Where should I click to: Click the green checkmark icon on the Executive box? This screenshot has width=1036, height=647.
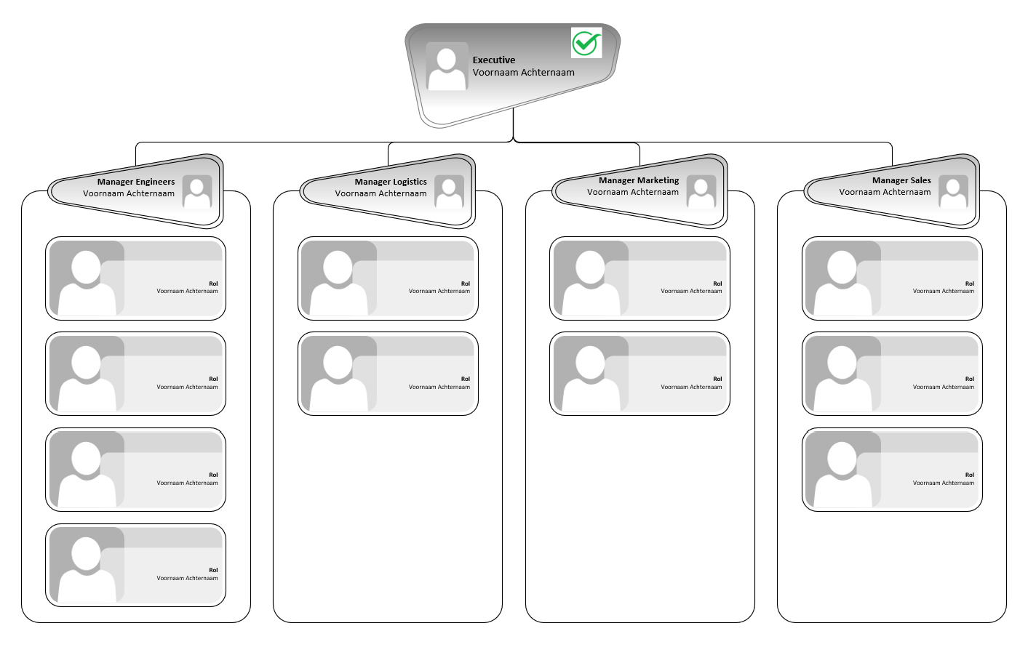(x=586, y=43)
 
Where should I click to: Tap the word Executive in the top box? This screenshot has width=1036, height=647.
(x=493, y=60)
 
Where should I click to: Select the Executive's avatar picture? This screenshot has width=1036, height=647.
(x=447, y=66)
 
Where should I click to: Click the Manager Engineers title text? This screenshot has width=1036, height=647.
(x=136, y=182)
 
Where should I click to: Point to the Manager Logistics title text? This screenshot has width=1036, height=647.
(x=391, y=182)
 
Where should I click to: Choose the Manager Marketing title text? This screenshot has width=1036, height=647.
(x=639, y=180)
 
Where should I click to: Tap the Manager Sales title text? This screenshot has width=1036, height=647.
(x=901, y=180)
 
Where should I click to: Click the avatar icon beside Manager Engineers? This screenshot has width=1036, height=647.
(x=197, y=191)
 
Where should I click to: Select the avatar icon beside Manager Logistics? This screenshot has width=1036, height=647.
(x=449, y=191)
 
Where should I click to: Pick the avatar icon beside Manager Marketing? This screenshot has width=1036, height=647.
(x=701, y=191)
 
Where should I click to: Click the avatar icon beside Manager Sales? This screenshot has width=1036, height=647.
(x=953, y=191)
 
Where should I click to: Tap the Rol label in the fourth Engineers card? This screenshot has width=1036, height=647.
(x=213, y=570)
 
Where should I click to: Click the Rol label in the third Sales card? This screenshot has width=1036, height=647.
(x=969, y=475)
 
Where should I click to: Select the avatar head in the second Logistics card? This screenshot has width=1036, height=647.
(x=338, y=363)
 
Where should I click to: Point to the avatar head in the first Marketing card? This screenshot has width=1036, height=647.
(x=590, y=268)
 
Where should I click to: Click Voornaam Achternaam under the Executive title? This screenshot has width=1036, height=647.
(x=523, y=73)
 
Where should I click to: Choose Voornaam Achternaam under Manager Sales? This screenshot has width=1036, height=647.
(x=885, y=192)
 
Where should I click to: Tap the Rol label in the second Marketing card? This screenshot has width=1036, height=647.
(x=717, y=379)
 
